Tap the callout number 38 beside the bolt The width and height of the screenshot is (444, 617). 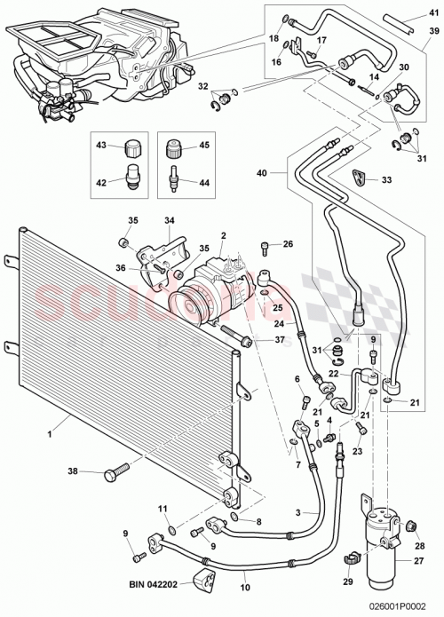tap(73, 471)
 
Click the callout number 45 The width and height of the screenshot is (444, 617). tap(202, 146)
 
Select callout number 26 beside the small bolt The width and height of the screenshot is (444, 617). tap(287, 244)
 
